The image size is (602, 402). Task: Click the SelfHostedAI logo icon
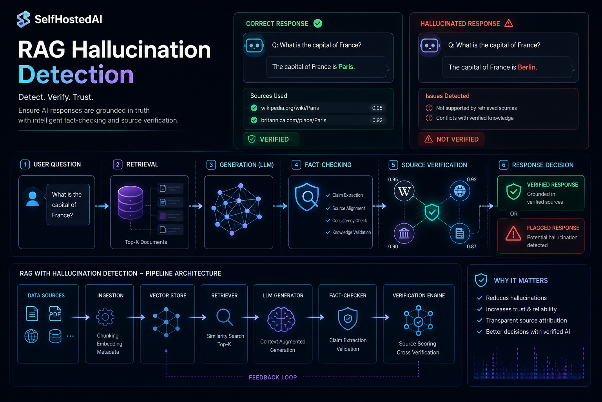(x=24, y=19)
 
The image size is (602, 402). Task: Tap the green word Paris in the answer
(x=346, y=66)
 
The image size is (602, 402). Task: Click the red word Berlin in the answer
(x=527, y=67)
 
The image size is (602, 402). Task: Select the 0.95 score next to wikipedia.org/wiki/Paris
(x=377, y=108)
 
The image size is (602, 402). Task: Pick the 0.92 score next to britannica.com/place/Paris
(x=377, y=121)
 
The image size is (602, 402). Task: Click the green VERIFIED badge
(x=271, y=139)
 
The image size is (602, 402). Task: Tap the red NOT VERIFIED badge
(x=451, y=139)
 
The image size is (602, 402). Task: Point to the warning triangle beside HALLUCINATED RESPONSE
(x=508, y=24)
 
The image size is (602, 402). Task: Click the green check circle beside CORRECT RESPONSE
(x=318, y=24)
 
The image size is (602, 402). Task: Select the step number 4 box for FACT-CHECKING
(x=296, y=165)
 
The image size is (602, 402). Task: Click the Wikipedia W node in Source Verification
(x=404, y=191)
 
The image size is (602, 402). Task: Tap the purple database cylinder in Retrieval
(x=131, y=202)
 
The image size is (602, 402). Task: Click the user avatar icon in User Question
(x=33, y=199)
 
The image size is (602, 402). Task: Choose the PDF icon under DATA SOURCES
(x=55, y=313)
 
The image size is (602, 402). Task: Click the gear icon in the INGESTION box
(x=105, y=317)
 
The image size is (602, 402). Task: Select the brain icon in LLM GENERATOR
(x=281, y=319)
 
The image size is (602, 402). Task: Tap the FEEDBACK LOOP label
(x=273, y=377)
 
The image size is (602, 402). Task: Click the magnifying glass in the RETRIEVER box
(x=225, y=318)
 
